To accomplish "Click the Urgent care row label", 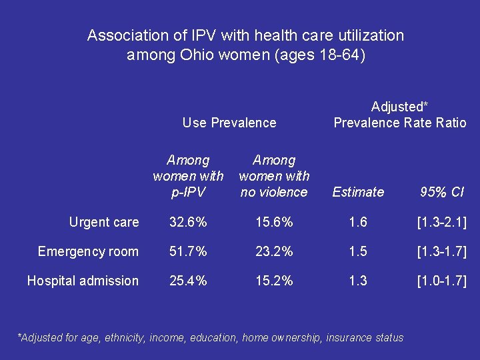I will click(x=104, y=222).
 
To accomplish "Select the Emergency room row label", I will click(x=88, y=251).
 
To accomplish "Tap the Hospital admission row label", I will click(x=83, y=281).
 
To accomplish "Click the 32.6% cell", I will click(x=188, y=222).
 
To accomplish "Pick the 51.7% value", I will click(x=188, y=251).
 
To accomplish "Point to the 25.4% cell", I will click(x=188, y=281).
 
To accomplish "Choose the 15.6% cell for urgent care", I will click(x=274, y=222).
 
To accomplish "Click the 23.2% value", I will click(x=274, y=251).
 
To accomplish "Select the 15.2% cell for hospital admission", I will click(x=274, y=281).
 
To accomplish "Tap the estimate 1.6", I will click(x=358, y=222).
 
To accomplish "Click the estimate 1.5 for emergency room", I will click(x=358, y=251).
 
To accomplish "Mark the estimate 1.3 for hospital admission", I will click(x=358, y=281).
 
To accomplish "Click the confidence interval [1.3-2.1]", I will click(x=441, y=222).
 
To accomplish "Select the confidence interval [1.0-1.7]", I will click(x=441, y=281).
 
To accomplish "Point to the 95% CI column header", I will click(x=441, y=192).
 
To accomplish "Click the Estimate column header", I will click(x=358, y=192).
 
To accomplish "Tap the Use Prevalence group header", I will click(x=229, y=123).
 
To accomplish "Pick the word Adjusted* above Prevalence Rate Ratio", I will click(x=399, y=107).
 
